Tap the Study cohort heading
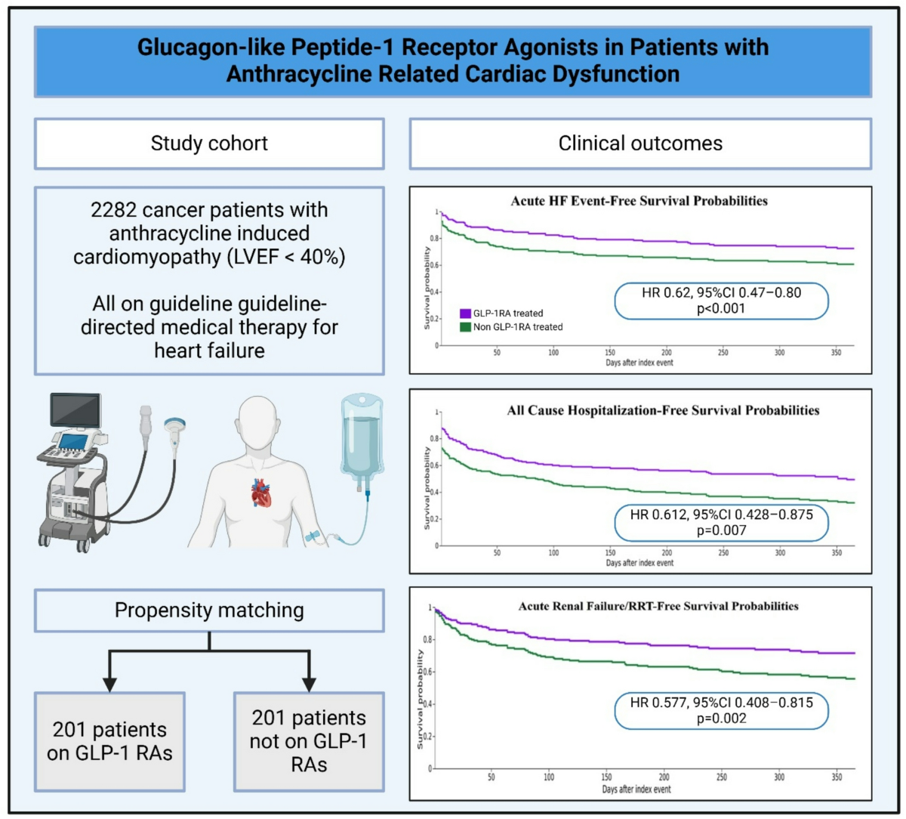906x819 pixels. pos(209,144)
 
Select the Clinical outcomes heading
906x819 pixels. pos(640,144)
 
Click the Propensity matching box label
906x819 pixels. pos(209,610)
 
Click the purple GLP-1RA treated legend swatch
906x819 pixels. pos(465,314)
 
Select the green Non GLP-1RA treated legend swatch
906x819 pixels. pos(465,327)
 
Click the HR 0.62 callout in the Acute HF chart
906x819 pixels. pos(721,301)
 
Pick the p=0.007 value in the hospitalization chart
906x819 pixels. pos(721,530)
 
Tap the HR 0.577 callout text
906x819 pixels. pos(721,703)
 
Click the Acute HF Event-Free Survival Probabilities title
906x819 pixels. pos(639,201)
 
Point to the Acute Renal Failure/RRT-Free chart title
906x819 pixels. pos(658,606)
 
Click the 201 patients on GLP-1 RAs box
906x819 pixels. pos(109,742)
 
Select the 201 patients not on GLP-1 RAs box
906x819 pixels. pos(309,742)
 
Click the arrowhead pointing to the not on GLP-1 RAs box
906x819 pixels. pos(309,685)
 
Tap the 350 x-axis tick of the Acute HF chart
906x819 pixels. pos(836,353)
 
